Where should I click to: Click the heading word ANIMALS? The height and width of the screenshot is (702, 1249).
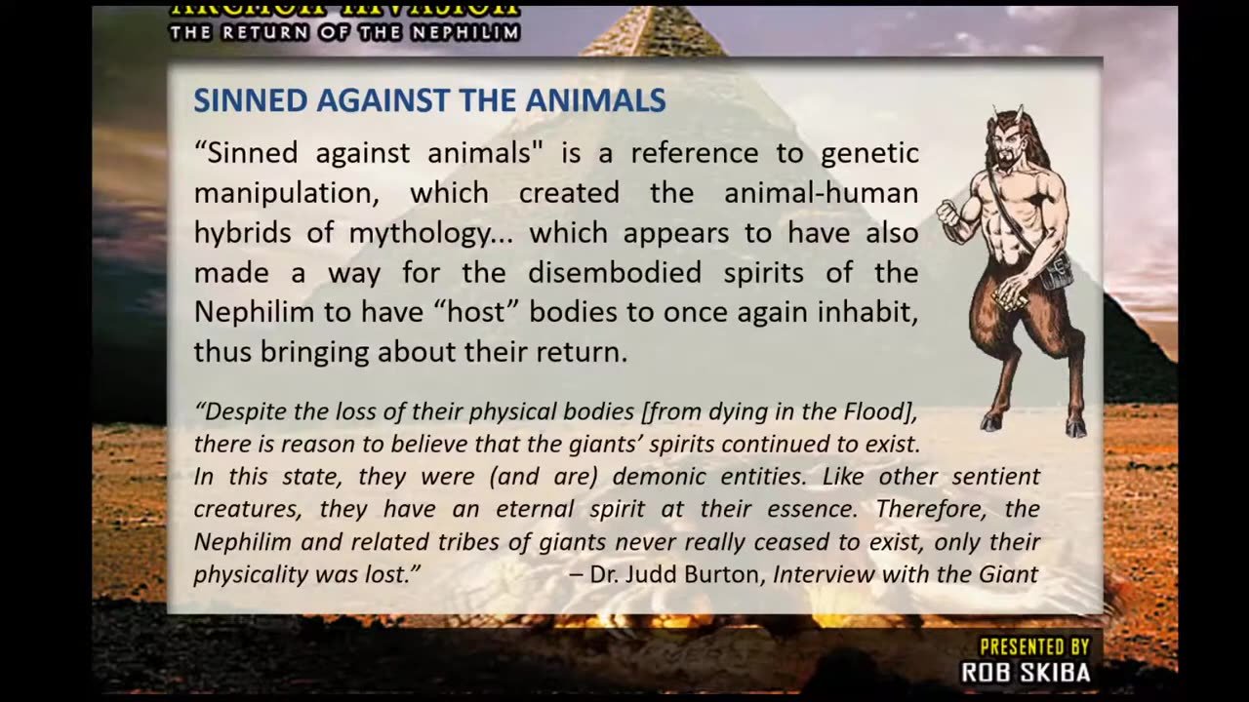[x=596, y=99]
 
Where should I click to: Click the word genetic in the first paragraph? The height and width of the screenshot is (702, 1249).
[x=869, y=153]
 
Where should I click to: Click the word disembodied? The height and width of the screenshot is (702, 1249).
[x=615, y=272]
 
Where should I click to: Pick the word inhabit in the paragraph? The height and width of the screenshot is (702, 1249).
[x=869, y=312]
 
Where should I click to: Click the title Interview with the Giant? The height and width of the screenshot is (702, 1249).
[x=905, y=574]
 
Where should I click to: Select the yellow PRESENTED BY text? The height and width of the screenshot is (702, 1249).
[x=1034, y=646]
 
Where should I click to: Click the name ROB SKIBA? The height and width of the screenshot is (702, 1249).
[x=1026, y=673]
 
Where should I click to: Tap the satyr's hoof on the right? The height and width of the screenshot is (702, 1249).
[x=1075, y=426]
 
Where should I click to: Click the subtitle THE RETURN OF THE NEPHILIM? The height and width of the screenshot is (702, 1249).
[x=344, y=32]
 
